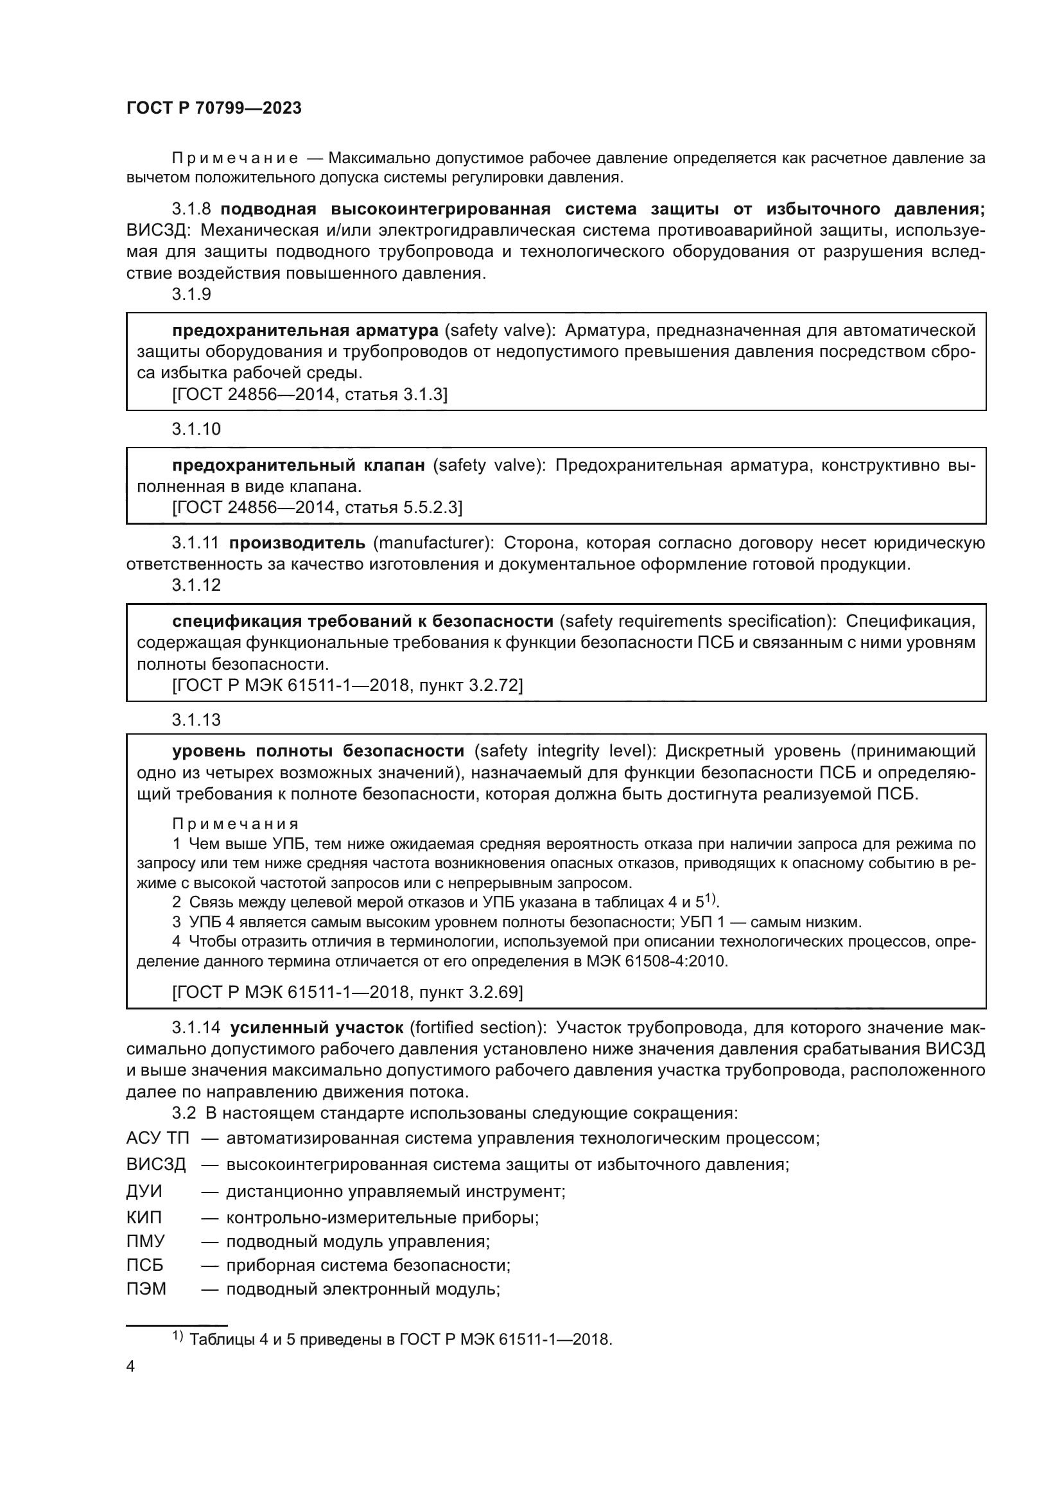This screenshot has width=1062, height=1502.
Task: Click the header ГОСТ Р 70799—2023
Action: (214, 108)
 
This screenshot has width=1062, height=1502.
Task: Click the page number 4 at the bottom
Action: (130, 1367)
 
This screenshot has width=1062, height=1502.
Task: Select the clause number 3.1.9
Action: (191, 294)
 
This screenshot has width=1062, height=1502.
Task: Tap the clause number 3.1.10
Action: (196, 429)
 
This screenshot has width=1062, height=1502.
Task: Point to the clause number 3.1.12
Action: (196, 585)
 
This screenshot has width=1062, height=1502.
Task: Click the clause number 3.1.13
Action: (196, 720)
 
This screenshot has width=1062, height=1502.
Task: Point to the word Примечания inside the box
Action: (236, 824)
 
